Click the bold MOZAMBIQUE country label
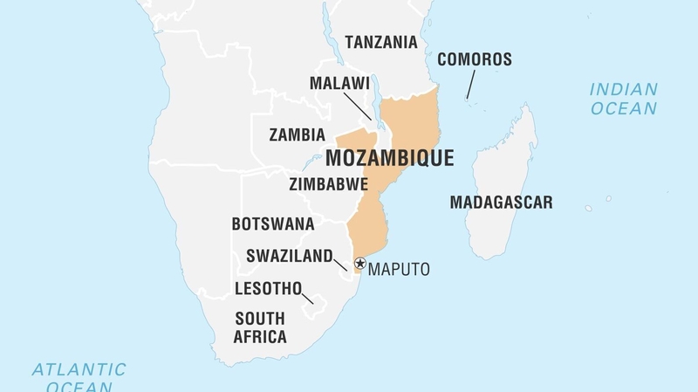[389, 159]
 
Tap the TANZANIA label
[381, 42]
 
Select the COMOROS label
[474, 59]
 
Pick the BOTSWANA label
[272, 224]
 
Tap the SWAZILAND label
[289, 257]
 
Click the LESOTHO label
[268, 288]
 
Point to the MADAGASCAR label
[501, 203]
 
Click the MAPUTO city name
[399, 269]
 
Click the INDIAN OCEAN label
[623, 99]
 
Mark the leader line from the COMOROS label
[469, 86]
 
